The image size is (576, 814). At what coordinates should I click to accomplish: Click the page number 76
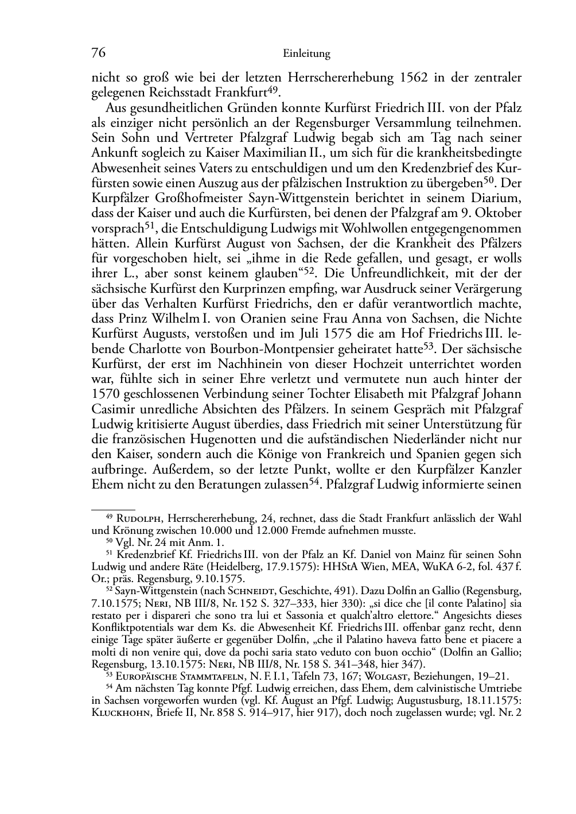coord(99,53)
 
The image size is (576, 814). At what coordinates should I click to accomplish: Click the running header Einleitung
coord(307,54)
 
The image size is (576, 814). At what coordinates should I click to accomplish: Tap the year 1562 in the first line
coord(407,77)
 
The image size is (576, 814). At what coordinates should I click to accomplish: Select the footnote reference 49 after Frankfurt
coord(273,90)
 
